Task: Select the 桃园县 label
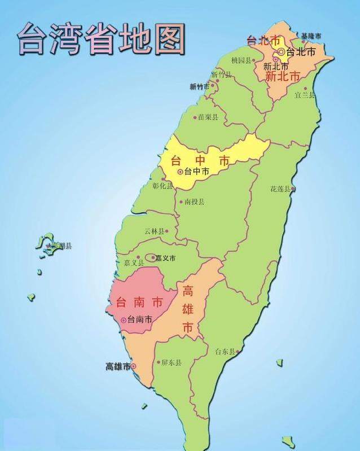point(241,60)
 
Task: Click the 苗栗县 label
point(208,117)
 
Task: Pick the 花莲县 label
point(279,189)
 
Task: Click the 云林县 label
point(154,231)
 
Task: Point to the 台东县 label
point(225,351)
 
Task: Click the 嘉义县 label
point(134,263)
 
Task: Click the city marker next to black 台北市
point(280,52)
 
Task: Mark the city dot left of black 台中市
point(180,172)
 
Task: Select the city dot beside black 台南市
point(124,320)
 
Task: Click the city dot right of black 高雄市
point(133,366)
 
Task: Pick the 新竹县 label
point(221,75)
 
